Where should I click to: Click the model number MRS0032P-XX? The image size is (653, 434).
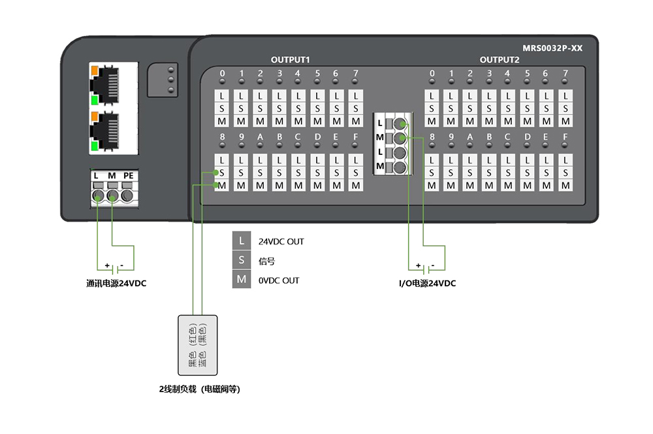point(552,48)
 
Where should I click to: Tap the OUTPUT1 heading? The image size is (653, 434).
point(291,59)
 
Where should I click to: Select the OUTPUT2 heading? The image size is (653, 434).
point(500,59)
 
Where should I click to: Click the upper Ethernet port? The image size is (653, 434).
point(104,86)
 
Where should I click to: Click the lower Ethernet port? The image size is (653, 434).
point(104,131)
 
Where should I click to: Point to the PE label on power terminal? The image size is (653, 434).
point(128,176)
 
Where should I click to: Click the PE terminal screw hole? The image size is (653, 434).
point(127,195)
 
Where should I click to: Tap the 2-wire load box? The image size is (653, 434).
point(197,345)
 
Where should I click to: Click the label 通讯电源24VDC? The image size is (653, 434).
point(116,284)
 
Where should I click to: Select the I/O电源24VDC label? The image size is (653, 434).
point(427,284)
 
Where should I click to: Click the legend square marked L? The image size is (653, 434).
point(242,241)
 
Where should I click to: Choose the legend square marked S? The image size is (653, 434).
point(242,259)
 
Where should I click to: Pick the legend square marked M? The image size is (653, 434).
point(242,279)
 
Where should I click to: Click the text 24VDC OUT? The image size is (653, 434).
point(281,242)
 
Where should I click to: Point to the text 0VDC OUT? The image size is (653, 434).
point(279,280)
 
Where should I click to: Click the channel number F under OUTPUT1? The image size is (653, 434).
point(355,137)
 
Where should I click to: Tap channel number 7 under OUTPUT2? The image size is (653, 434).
point(565,73)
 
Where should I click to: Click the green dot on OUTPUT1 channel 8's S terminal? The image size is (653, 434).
point(215,173)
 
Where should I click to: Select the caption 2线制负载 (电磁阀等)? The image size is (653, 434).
point(199,389)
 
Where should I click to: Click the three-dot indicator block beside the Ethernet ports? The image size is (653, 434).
point(163,80)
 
